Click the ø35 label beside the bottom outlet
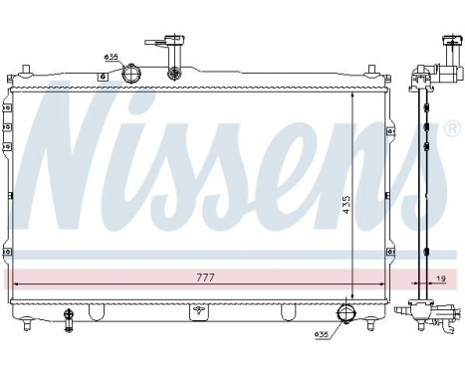[321, 333]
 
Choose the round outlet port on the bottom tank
[346, 314]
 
